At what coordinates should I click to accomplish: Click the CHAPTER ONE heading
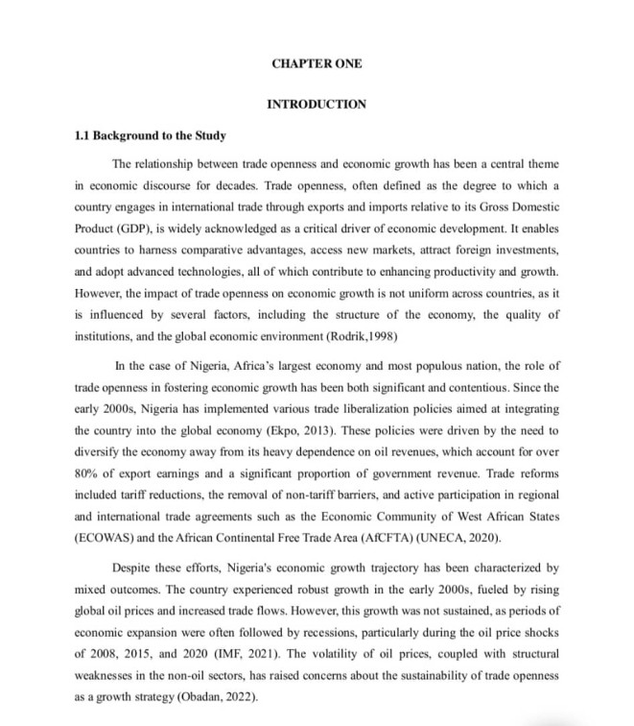point(317,63)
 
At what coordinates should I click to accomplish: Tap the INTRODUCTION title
point(317,104)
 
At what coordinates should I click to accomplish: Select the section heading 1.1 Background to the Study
point(151,135)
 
